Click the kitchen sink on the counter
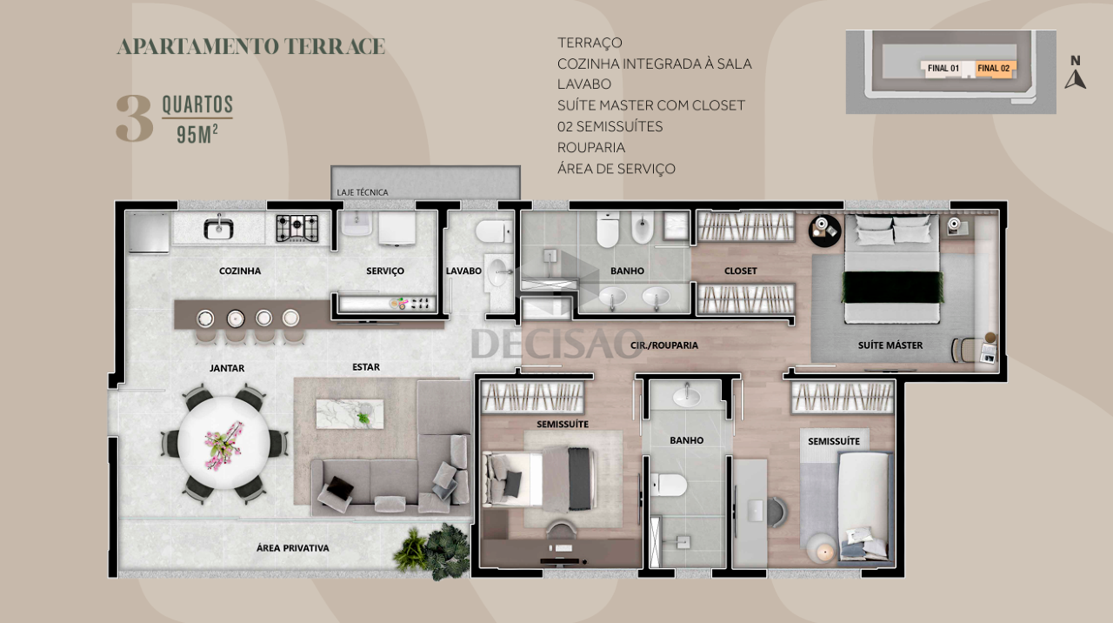218,228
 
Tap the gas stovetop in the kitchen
297,228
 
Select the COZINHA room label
240,271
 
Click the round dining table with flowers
224,442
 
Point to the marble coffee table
350,413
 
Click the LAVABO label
463,271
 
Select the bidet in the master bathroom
642,227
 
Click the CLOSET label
740,271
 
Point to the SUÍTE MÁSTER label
890,345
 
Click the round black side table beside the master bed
825,231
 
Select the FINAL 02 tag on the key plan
994,68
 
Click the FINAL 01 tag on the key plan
943,68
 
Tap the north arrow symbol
1076,79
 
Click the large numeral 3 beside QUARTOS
134,118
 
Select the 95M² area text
197,134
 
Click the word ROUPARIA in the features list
591,148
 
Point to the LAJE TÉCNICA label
363,192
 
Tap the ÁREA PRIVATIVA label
293,548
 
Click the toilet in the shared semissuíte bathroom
669,485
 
